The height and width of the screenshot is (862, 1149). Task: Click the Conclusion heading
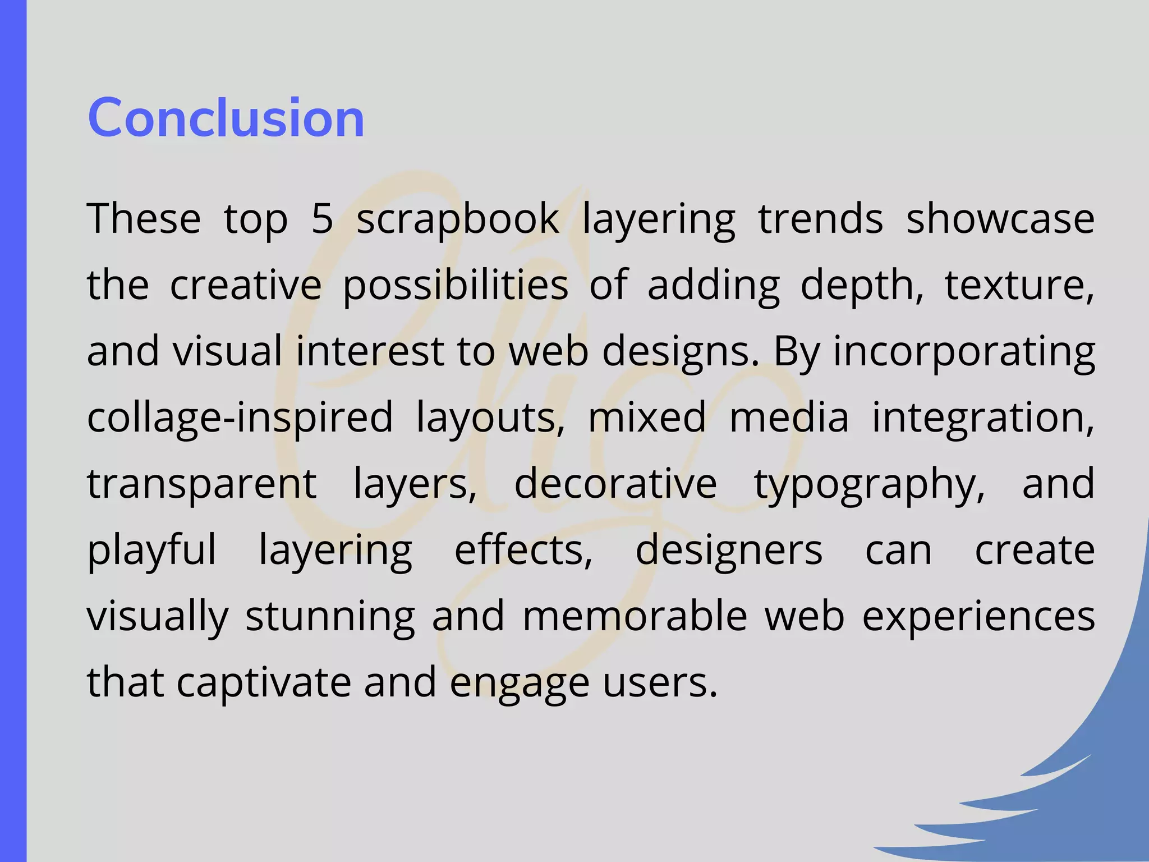226,117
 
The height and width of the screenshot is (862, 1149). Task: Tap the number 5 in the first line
322,218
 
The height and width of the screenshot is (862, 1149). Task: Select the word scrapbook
458,219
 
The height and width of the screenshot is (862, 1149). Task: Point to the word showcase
1000,218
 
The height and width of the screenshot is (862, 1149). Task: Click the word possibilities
455,285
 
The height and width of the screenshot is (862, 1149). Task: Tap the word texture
1019,285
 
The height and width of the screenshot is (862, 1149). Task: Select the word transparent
201,484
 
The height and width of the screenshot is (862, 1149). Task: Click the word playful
151,551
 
